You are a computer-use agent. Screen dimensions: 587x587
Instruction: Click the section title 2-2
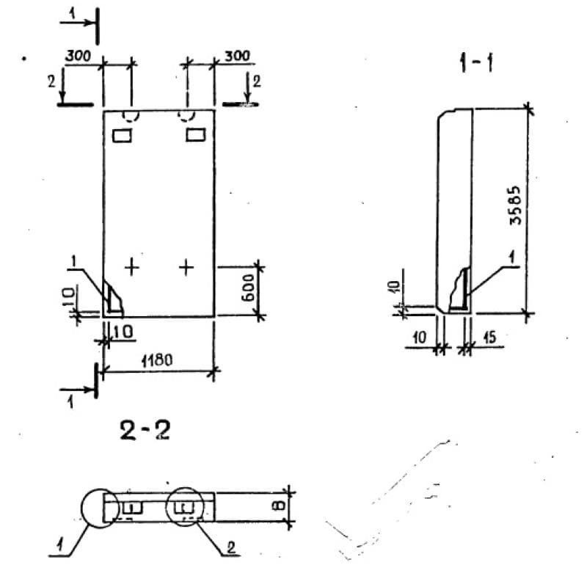(x=145, y=430)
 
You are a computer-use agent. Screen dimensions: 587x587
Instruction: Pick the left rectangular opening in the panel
(x=121, y=135)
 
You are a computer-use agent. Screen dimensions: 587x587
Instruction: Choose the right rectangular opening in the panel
(x=195, y=135)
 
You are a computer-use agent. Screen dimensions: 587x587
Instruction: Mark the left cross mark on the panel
(x=131, y=266)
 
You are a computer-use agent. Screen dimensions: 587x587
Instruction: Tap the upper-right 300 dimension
(x=236, y=56)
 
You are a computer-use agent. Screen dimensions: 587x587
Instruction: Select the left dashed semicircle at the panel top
(x=131, y=116)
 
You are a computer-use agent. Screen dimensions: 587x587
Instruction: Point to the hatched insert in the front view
(x=113, y=298)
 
